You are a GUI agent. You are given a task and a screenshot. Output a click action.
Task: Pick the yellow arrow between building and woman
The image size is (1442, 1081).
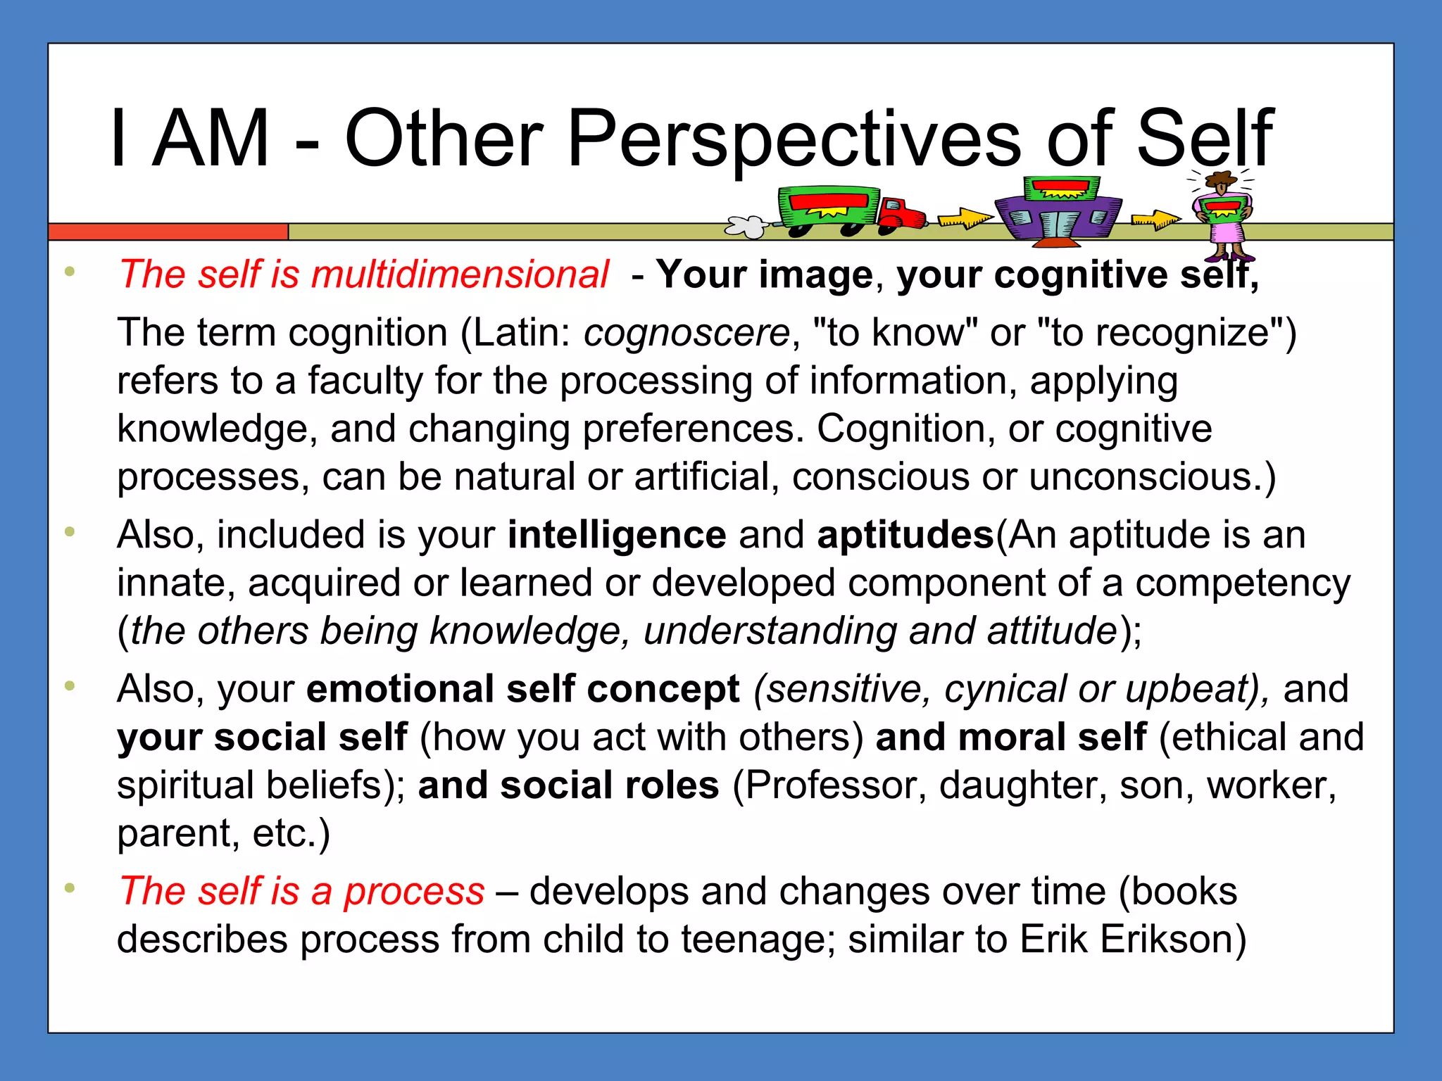point(1155,220)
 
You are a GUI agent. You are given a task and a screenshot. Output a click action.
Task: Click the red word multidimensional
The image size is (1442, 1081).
point(460,274)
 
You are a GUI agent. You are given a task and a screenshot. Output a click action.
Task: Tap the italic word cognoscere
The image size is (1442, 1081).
point(686,333)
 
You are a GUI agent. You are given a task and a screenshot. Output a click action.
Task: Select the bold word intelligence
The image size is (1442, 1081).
point(617,536)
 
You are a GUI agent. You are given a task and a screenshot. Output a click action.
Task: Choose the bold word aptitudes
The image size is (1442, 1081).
point(905,536)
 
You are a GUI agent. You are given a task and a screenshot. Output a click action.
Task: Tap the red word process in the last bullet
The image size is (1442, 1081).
point(414,892)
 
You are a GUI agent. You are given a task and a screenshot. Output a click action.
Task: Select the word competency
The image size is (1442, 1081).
point(1243,583)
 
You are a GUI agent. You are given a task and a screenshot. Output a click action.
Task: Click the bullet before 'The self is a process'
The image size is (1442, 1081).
point(69,888)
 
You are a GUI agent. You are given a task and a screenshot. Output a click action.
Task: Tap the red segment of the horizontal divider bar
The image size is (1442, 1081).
point(168,232)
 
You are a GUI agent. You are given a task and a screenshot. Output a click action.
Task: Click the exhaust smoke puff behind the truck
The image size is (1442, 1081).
point(747,226)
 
